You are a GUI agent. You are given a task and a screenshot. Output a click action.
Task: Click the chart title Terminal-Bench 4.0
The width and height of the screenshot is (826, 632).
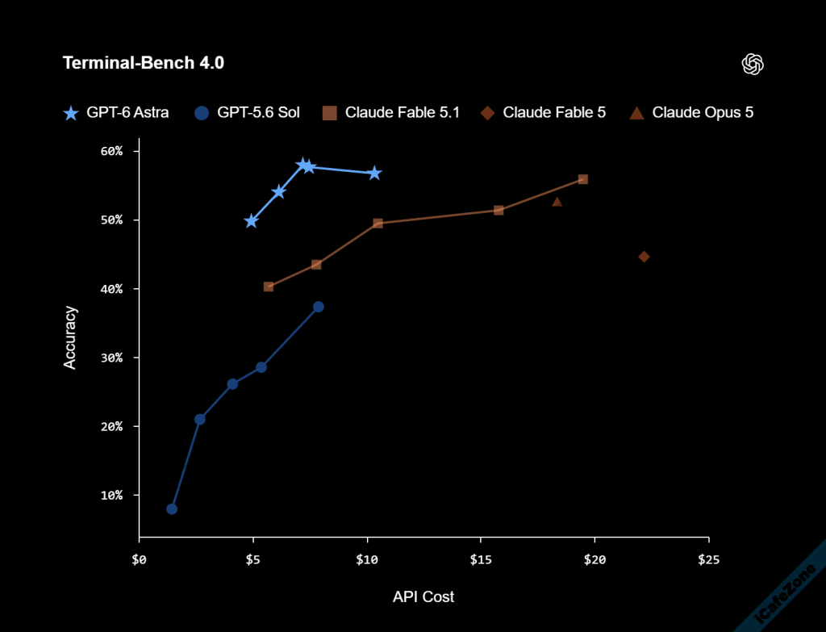[x=144, y=63]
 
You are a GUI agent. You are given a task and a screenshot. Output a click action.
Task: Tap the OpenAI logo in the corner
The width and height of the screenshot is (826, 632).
[x=753, y=65]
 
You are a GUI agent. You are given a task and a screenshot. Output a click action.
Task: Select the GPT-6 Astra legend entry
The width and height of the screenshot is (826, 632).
[x=116, y=112]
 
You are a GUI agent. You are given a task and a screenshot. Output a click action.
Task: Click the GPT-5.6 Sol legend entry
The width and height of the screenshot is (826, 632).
[x=247, y=112]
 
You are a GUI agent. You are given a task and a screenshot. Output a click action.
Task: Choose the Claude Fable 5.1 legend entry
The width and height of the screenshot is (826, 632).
[x=391, y=112]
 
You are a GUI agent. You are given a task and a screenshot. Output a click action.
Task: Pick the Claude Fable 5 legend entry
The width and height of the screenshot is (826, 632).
[x=543, y=112]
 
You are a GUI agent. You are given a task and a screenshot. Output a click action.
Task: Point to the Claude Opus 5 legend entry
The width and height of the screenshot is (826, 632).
[x=691, y=112]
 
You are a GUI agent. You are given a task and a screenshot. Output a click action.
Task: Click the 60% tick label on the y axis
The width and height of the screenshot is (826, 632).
[x=111, y=151]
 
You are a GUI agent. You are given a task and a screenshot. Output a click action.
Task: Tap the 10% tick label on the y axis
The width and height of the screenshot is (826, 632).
[x=111, y=496]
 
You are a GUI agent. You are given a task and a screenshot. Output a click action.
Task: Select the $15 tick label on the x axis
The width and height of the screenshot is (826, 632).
[x=481, y=559]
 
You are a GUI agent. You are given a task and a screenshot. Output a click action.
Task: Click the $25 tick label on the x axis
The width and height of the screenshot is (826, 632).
[x=708, y=559]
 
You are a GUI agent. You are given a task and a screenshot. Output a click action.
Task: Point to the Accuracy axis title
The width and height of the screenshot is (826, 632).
[x=70, y=337]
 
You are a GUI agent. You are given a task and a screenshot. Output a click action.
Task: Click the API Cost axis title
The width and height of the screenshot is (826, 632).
[x=423, y=596]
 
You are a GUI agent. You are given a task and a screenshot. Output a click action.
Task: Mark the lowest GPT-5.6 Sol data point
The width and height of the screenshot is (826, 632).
[x=172, y=509]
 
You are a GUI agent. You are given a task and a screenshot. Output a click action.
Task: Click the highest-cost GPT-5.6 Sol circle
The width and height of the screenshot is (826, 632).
[x=318, y=307]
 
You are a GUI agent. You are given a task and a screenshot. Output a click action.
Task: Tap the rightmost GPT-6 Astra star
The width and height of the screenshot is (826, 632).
[x=374, y=173]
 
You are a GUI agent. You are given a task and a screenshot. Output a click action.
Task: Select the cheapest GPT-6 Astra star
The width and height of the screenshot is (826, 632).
[x=252, y=221]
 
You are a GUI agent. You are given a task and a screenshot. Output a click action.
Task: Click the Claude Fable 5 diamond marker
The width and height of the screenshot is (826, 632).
[x=644, y=257]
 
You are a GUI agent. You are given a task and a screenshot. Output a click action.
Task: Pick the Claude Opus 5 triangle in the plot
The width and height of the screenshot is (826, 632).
[x=557, y=201]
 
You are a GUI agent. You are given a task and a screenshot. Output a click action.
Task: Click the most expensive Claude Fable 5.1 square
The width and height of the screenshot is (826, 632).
[x=583, y=179]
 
